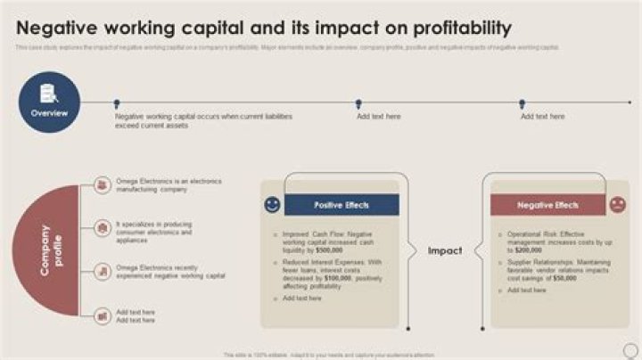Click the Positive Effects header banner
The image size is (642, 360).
[x=342, y=205]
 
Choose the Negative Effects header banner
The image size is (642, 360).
[x=548, y=205]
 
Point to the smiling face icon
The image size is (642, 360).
[x=272, y=205]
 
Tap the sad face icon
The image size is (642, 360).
[x=617, y=205]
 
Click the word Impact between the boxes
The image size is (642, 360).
[x=445, y=250]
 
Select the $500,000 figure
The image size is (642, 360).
[x=336, y=251]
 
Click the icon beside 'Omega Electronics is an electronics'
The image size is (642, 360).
[x=102, y=185]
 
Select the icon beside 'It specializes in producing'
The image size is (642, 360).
[x=102, y=229]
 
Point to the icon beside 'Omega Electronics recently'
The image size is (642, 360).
[x=102, y=271]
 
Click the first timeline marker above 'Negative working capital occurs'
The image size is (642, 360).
[x=116, y=104]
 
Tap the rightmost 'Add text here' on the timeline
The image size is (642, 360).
[x=542, y=117]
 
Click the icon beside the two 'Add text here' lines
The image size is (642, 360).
[x=102, y=315]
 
